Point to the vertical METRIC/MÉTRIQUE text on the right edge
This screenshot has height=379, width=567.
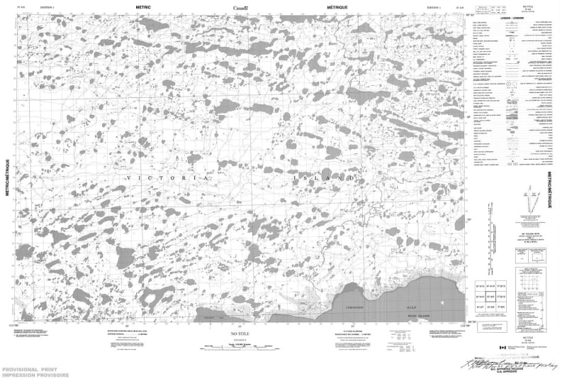point(552,191)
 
